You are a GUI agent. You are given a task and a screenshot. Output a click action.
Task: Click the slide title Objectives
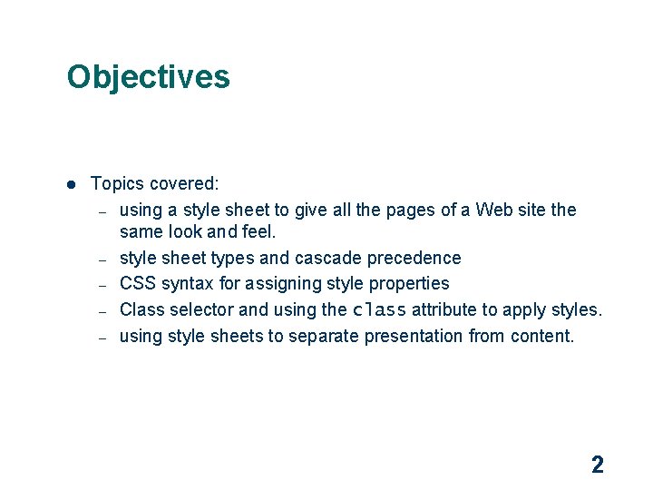click(x=148, y=76)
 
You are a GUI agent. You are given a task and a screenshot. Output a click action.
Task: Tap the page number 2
click(x=597, y=465)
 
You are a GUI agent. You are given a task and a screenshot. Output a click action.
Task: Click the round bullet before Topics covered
click(x=70, y=184)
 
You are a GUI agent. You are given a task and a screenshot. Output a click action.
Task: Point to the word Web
click(x=494, y=210)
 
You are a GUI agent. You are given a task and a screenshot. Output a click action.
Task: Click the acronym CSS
click(x=138, y=283)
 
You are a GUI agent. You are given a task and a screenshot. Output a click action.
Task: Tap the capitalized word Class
click(x=141, y=309)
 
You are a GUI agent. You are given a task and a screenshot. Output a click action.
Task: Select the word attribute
click(x=448, y=309)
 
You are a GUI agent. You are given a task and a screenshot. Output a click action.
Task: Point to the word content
click(x=542, y=336)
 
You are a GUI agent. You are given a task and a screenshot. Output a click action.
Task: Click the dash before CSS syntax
click(x=103, y=285)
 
